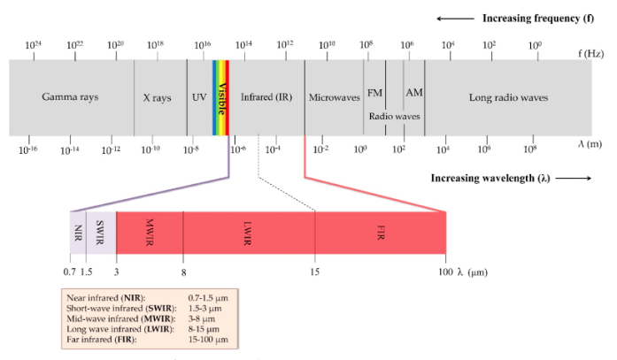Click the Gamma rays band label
70,97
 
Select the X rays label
157,97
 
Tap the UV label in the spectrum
199,97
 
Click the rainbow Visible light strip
221,97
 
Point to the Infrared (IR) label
266,97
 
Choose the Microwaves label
333,97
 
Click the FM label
374,92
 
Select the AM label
413,92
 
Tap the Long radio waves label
508,97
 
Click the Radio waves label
394,116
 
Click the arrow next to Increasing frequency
453,18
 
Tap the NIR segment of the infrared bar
77,233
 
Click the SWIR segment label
100,233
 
